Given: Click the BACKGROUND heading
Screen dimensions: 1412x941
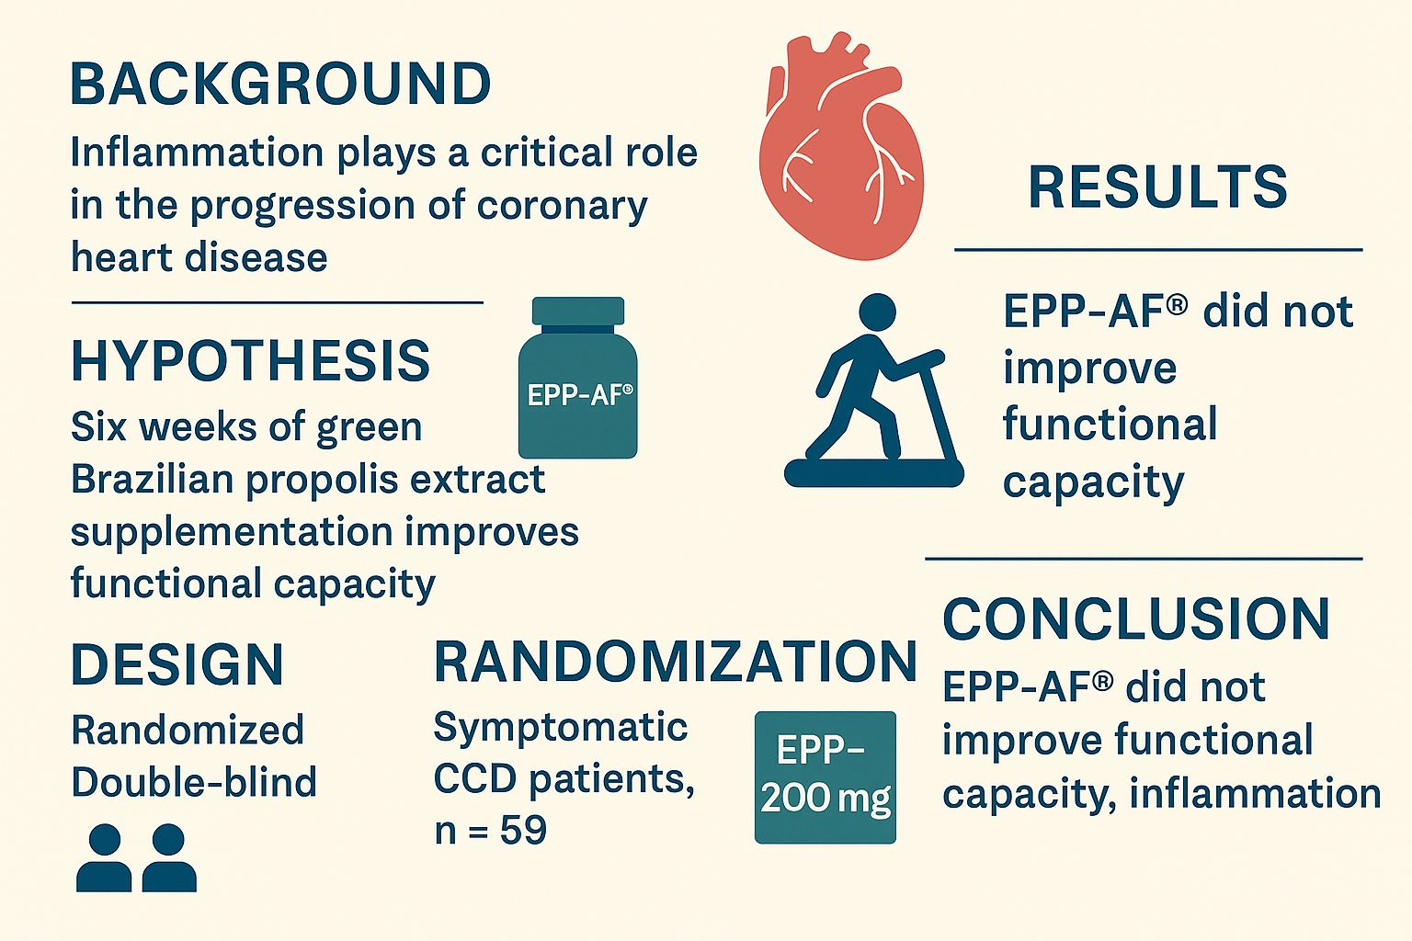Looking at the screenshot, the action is (280, 84).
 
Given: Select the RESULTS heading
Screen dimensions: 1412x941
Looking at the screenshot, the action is (1158, 187).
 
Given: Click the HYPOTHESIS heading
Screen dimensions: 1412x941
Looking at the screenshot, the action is (251, 360).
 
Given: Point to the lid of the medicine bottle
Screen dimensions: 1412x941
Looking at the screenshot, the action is (578, 311).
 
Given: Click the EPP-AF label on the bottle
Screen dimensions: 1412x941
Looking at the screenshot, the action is (579, 395).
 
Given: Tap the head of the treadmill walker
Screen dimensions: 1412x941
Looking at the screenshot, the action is (878, 312).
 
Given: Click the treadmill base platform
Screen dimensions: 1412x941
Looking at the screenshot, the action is (873, 472).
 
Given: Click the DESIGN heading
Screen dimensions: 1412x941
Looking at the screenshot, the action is (177, 664).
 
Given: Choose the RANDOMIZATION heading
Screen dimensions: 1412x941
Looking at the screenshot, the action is (675, 661).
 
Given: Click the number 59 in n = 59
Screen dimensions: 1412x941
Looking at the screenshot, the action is (523, 830).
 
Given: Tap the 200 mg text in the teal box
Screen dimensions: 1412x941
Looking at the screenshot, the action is (826, 799).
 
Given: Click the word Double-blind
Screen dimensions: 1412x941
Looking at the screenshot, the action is (194, 782).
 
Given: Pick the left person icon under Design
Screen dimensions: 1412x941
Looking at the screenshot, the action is (104, 857).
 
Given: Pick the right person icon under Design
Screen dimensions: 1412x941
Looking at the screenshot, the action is (169, 857).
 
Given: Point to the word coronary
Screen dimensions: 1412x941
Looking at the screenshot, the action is (563, 206).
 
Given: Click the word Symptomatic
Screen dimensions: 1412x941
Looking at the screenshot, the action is (561, 729).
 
